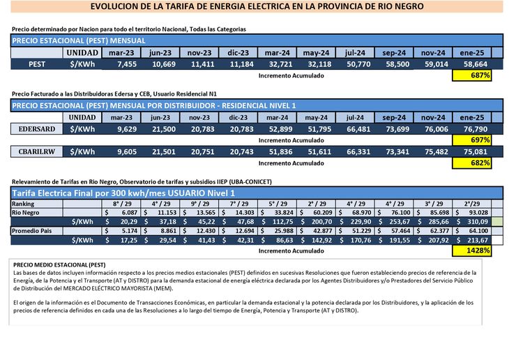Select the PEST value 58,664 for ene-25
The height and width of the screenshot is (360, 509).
[471, 63]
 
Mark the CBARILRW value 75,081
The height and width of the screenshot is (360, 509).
[471, 152]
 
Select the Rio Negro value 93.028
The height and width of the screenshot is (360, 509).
[474, 212]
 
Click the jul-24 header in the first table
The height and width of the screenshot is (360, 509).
[354, 53]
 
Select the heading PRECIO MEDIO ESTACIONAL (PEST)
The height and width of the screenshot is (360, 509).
[59, 265]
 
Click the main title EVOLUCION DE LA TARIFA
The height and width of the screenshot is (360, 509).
[257, 6]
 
